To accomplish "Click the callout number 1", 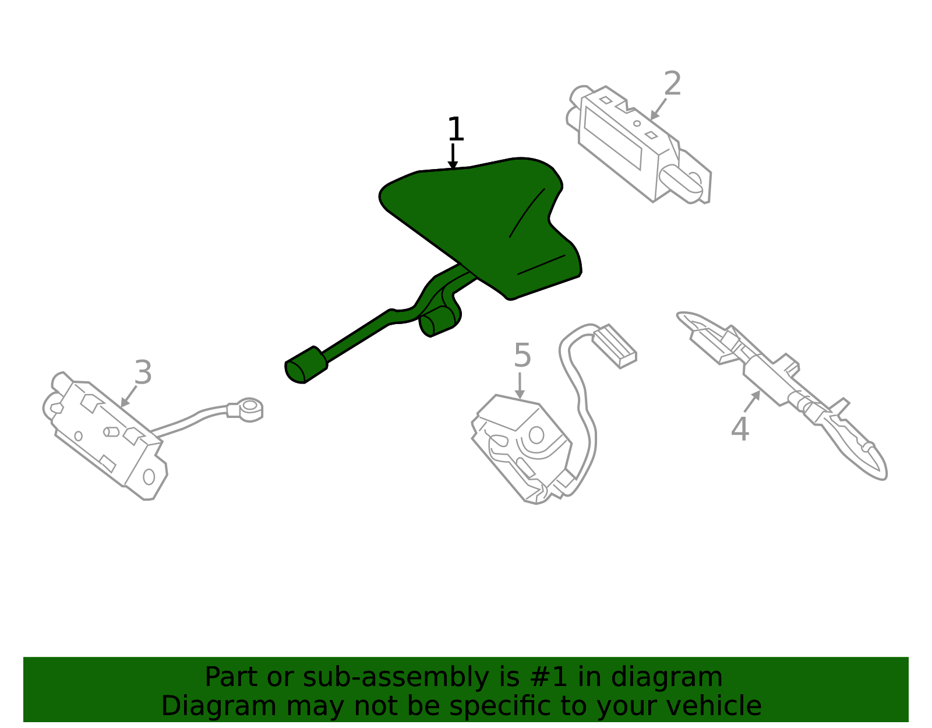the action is tap(456, 129).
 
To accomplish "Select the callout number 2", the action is tap(672, 84).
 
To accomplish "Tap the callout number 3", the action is tap(143, 372).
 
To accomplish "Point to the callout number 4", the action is tap(740, 428).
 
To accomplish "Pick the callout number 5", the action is tap(523, 355).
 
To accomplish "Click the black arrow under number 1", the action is tap(453, 156).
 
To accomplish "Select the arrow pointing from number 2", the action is tap(658, 109).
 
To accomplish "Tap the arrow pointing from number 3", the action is tap(129, 396).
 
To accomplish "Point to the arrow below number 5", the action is tap(520, 386).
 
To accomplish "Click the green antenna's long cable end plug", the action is tap(306, 365).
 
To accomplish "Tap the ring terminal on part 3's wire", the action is tap(249, 409).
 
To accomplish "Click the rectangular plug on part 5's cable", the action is tap(615, 345).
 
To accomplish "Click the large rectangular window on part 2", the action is tap(612, 138).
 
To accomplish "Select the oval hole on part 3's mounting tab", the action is tap(149, 477).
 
